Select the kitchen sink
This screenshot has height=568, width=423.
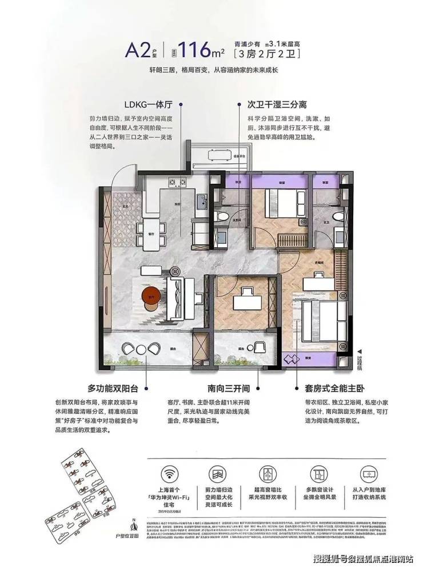tap(201, 202)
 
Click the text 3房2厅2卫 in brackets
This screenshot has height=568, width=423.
tap(266, 55)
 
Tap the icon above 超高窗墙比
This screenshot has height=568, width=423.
tap(267, 473)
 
